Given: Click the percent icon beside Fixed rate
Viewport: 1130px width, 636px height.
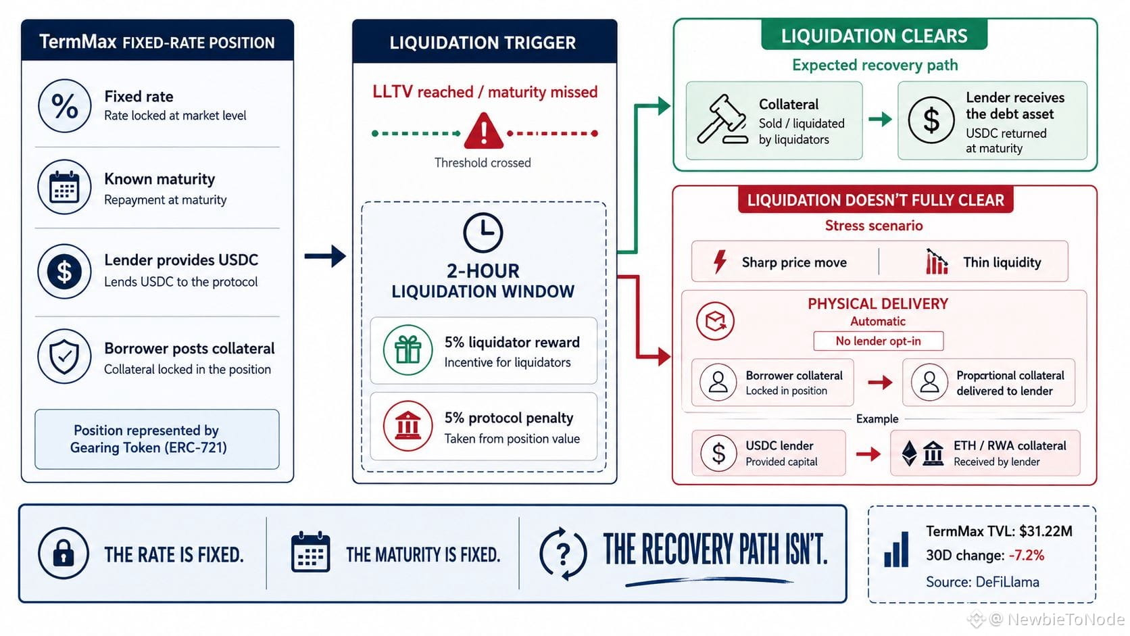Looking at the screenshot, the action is pyautogui.click(x=65, y=106).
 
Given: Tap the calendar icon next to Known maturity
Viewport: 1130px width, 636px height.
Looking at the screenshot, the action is pyautogui.click(x=65, y=187).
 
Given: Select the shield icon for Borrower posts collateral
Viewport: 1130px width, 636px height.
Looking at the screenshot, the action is pyautogui.click(x=65, y=356).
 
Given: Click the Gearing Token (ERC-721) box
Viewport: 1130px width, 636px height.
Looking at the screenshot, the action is pyautogui.click(x=157, y=439).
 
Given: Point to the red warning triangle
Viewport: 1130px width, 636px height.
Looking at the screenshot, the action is pyautogui.click(x=483, y=130).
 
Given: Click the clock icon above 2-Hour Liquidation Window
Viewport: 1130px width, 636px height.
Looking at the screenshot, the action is pyautogui.click(x=483, y=233).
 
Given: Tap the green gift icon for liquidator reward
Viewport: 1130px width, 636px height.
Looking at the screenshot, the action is pyautogui.click(x=408, y=350).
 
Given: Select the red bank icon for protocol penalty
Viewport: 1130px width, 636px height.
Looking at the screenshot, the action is pyautogui.click(x=408, y=426).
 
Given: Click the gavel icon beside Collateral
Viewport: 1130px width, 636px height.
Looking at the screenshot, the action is pyautogui.click(x=722, y=120).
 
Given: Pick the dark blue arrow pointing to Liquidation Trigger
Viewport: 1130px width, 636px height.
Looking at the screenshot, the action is pyautogui.click(x=325, y=256).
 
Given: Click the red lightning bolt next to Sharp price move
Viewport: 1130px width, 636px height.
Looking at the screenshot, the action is pyautogui.click(x=720, y=262).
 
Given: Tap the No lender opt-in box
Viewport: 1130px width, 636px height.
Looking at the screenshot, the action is pyautogui.click(x=879, y=341).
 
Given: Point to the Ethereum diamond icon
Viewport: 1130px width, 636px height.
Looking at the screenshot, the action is pyautogui.click(x=909, y=453).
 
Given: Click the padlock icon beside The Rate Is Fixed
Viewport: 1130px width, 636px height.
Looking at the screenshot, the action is pyautogui.click(x=64, y=554).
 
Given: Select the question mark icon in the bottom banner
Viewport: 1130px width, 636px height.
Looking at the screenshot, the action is pyautogui.click(x=563, y=554).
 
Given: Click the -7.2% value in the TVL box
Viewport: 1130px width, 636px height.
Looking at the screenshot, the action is pyautogui.click(x=1026, y=556).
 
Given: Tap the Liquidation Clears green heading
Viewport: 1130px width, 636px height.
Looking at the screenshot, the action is pyautogui.click(x=875, y=36).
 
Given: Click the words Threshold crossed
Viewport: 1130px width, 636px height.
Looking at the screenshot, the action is pyautogui.click(x=483, y=163).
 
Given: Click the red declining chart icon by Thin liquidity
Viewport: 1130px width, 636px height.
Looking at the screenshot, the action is pyautogui.click(x=937, y=262).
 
